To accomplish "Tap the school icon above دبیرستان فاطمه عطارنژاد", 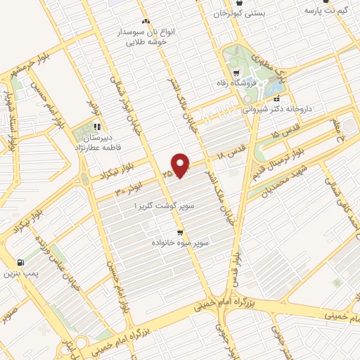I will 98,128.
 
